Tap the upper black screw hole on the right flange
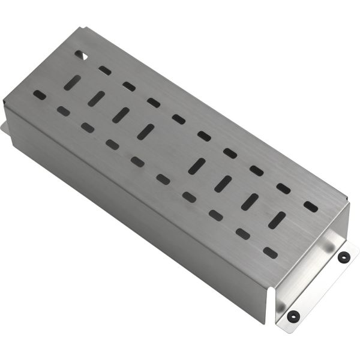pos(343,257)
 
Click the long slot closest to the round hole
pos(71,83)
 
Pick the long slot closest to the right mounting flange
pos(277,220)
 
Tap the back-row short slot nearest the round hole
pos(105,70)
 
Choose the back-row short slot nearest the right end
pos(310,206)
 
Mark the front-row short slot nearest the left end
pos(40,94)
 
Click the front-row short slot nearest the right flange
pos(270,253)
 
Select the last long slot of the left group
pos(146,131)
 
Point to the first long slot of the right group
pos(197,166)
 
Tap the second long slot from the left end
pos(96,99)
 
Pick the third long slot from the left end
pos(121,115)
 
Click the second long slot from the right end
pos(250,202)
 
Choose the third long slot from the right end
pos(223,184)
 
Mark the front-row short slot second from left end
pos(63,111)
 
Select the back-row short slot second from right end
pos(283,188)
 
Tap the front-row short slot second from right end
pos(243,233)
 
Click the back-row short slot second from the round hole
pos(129,86)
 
